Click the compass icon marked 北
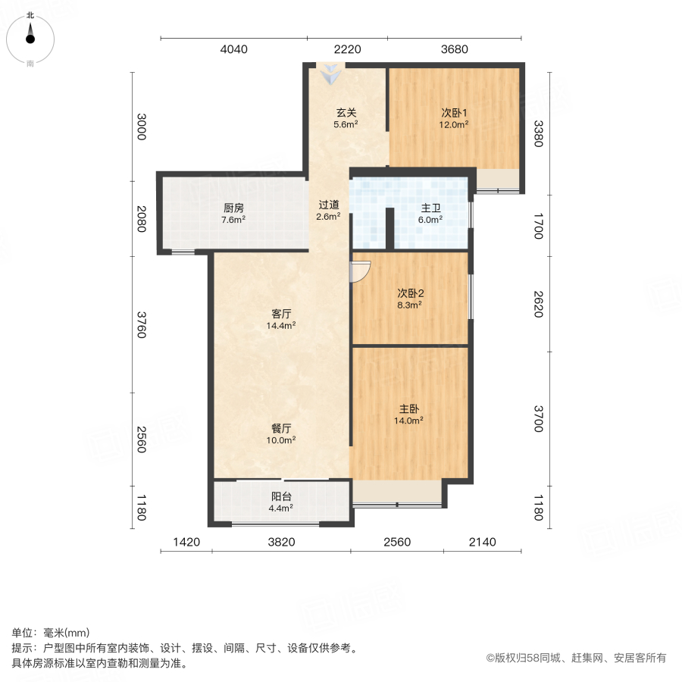pyautogui.click(x=30, y=35)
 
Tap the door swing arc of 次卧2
pyautogui.click(x=360, y=271)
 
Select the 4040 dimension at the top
pyautogui.click(x=234, y=50)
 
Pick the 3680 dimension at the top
pyautogui.click(x=455, y=50)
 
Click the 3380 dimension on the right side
pyautogui.click(x=538, y=134)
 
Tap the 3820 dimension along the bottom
pyautogui.click(x=281, y=542)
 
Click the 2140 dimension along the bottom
pyautogui.click(x=482, y=542)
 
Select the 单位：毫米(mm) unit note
pyautogui.click(x=51, y=634)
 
